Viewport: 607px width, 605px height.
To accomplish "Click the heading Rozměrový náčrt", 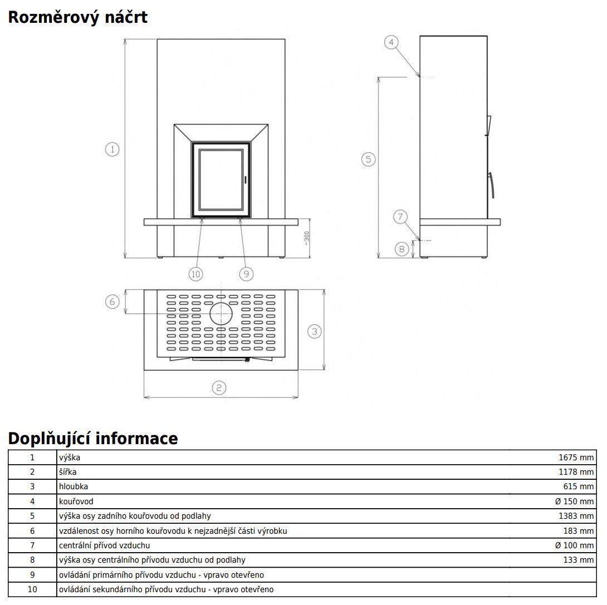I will pos(77,17).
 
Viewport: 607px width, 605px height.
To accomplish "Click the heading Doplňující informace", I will pos(93,439).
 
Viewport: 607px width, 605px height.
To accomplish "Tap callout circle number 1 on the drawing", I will pos(112,149).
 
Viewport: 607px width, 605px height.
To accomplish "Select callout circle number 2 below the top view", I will pos(219,388).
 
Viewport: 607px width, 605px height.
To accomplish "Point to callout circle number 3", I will pos(315,332).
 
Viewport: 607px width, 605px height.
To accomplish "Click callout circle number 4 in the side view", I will pos(392,42).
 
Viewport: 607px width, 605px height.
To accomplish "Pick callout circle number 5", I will pos(368,160).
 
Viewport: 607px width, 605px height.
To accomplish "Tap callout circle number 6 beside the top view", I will pos(112,302).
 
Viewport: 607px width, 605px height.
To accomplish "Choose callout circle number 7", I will pos(400,217).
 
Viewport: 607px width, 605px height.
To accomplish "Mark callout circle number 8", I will pos(402,249).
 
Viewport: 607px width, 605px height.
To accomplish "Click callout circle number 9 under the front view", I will pos(247,273).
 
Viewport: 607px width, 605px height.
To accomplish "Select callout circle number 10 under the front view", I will pos(195,273).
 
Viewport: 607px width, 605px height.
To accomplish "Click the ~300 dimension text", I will pos(306,238).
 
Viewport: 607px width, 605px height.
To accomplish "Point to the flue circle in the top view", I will pos(221,314).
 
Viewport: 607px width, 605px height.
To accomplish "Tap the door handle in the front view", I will pos(244,179).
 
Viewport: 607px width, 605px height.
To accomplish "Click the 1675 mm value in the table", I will pos(576,458).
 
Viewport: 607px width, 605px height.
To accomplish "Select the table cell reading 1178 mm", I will pos(576,472).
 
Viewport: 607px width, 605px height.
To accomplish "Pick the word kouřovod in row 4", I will pos(76,501).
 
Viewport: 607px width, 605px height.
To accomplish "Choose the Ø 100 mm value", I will pos(574,545).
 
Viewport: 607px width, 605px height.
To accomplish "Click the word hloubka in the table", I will pos(74,486).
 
